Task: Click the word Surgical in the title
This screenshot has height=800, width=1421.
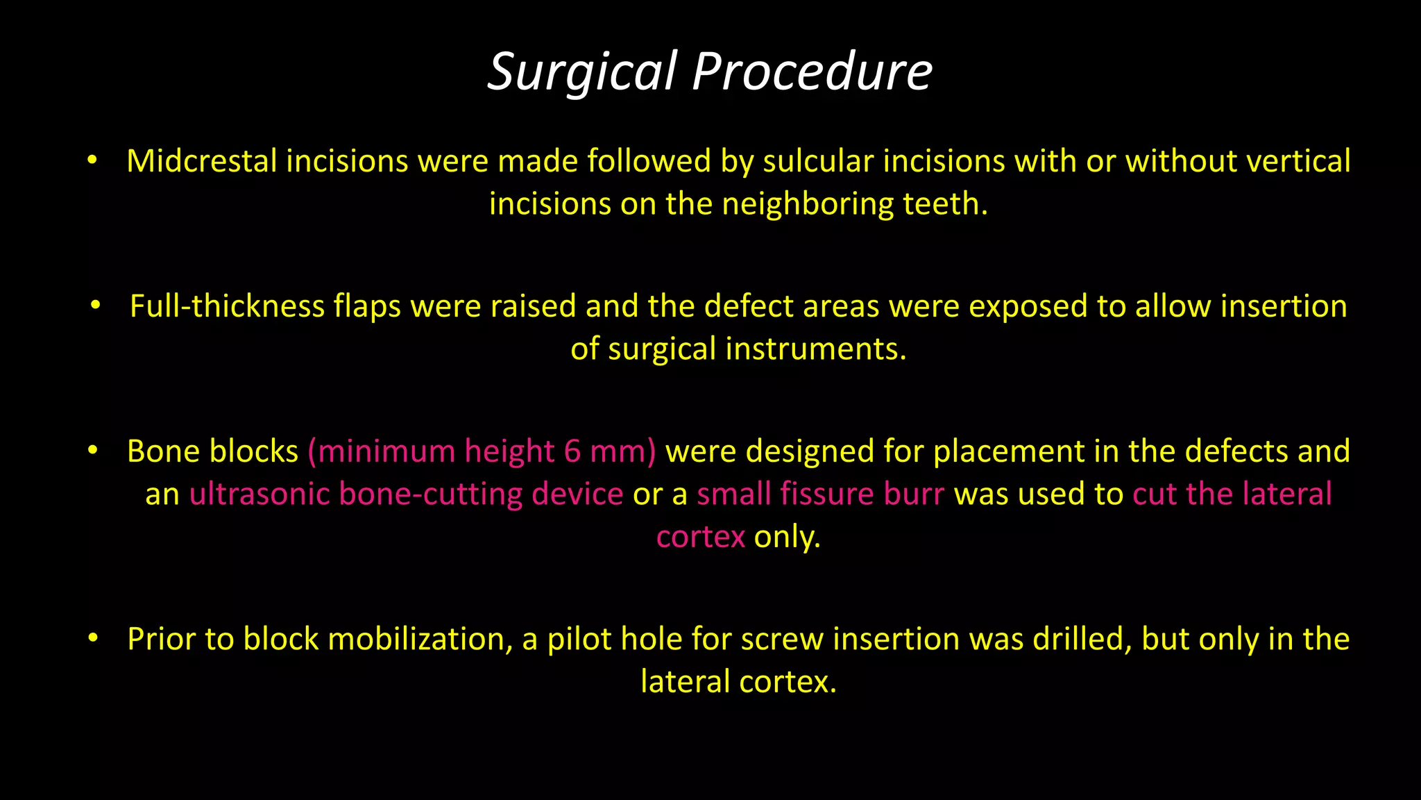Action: [x=582, y=72]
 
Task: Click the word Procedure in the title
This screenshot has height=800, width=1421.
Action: [x=812, y=72]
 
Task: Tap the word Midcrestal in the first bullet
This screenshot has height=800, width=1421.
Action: [x=202, y=161]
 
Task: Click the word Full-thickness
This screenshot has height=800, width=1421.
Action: [x=227, y=306]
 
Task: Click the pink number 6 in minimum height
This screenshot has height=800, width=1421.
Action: [x=572, y=451]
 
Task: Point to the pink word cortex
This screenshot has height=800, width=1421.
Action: [x=700, y=537]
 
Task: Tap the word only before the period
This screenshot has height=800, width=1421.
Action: [x=786, y=537]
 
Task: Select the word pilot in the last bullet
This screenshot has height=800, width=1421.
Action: [x=579, y=639]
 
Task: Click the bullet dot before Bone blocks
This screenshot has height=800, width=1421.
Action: [x=93, y=451]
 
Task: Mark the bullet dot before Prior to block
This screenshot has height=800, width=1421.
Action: [x=93, y=638]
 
